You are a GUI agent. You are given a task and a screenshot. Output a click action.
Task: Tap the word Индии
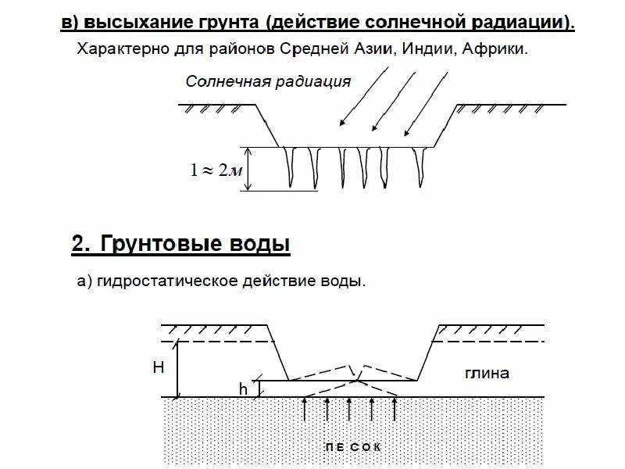click(430, 49)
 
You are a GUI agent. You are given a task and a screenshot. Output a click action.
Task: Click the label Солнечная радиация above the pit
click(268, 81)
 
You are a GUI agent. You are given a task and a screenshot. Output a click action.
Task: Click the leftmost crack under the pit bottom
click(292, 166)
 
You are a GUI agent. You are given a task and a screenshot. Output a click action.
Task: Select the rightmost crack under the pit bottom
click(424, 163)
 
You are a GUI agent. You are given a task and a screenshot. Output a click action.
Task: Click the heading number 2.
click(78, 244)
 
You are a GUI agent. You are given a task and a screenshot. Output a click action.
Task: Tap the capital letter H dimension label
click(158, 367)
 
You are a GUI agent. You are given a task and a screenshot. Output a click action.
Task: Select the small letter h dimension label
click(243, 388)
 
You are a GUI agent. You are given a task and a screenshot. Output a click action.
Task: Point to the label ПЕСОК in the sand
click(352, 447)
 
